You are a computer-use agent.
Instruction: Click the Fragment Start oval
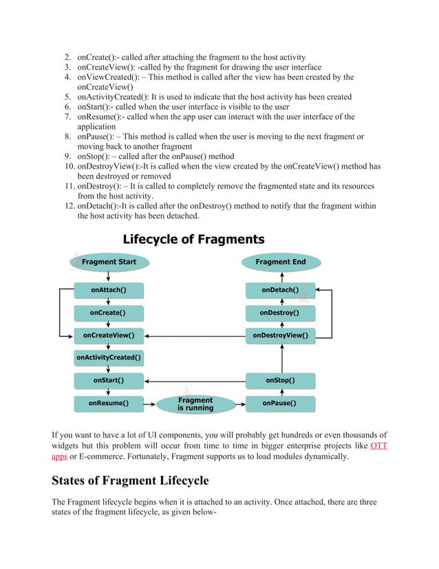pos(109,262)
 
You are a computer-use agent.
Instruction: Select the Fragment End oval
pos(281,262)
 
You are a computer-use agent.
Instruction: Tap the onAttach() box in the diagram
pos(109,291)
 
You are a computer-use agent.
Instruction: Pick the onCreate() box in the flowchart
pos(109,313)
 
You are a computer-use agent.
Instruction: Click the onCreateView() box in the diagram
pos(109,335)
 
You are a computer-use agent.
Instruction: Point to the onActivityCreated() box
pos(109,358)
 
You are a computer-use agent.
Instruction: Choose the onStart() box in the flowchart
pos(109,380)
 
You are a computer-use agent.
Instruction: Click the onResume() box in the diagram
pos(109,402)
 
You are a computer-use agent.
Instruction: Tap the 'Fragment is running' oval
pos(195,404)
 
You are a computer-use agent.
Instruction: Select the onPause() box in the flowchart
pos(281,402)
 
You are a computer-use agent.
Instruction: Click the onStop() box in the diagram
pos(281,380)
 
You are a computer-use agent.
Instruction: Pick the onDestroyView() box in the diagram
pos(281,335)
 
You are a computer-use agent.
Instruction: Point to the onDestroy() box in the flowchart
pos(281,313)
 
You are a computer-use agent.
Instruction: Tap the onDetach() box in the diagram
pos(281,291)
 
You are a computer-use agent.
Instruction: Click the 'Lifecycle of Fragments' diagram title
pos(193,240)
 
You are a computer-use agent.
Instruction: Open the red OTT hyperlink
pos(378,446)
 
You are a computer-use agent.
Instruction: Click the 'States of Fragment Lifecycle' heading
pos(130,480)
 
